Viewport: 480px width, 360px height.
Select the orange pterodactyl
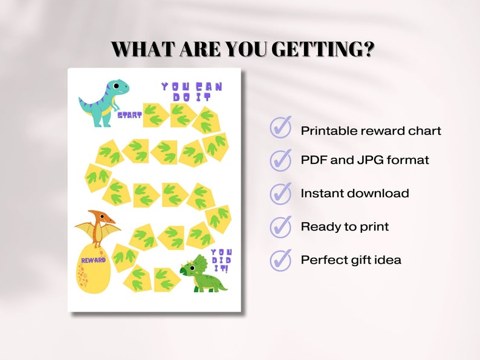coord(97,227)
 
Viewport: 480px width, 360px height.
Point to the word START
coord(129,114)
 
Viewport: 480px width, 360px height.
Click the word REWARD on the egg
coord(93,260)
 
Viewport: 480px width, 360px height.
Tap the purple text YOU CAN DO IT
coord(192,91)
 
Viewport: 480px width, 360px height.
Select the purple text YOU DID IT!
coord(222,260)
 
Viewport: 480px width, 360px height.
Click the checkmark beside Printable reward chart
coord(281,128)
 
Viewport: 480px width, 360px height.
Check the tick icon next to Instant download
coord(281,193)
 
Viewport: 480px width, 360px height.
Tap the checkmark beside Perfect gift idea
coord(281,260)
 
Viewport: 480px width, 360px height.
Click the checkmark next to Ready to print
coord(281,226)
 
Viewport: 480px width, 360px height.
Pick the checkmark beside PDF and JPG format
coord(281,160)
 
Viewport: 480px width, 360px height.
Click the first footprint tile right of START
coord(155,114)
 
